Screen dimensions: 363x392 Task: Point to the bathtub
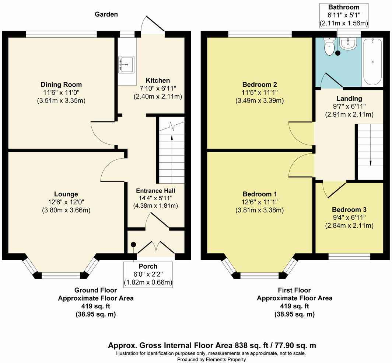[x=373, y=61]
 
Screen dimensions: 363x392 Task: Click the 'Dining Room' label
[x=61, y=85]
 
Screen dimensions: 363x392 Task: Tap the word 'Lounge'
[x=66, y=194]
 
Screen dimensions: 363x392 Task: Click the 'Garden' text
[x=106, y=15]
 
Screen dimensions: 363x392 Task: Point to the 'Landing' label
[x=349, y=98]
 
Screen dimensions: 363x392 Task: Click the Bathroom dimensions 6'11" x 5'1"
[x=343, y=15]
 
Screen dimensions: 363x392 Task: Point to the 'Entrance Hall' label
[x=155, y=191]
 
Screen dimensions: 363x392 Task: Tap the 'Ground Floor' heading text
[x=96, y=290]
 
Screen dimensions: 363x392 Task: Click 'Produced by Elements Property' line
[x=211, y=359]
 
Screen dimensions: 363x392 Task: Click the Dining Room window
[x=62, y=34]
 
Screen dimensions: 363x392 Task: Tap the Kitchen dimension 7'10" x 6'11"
[x=158, y=89]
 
